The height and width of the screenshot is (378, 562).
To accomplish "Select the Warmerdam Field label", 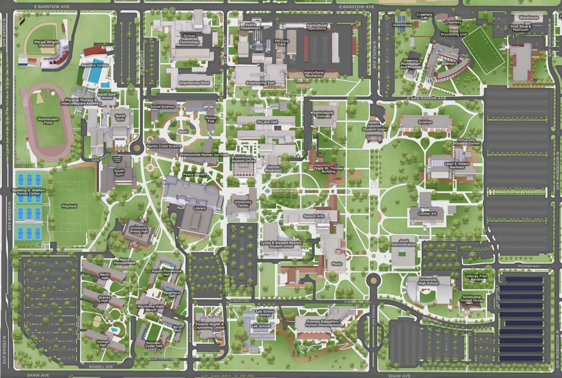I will (46, 121).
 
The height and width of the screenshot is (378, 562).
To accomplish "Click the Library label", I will (200, 208).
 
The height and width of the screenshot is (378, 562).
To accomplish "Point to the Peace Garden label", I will (195, 175).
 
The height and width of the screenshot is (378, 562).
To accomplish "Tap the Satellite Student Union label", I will (374, 128).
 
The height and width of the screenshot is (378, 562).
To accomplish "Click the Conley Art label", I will (427, 213).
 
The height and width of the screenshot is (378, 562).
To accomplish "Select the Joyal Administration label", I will (403, 242).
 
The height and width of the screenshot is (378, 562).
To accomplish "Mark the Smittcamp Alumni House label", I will (472, 299).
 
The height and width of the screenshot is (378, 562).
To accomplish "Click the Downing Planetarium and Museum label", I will (411, 64).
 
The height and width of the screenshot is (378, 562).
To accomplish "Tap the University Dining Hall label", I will (139, 229).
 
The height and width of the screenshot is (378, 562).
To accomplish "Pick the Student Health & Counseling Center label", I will (209, 326).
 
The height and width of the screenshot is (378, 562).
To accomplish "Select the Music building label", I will (336, 264).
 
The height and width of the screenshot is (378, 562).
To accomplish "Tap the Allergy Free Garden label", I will (477, 278).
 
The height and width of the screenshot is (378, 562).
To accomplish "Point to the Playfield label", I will (69, 206).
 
